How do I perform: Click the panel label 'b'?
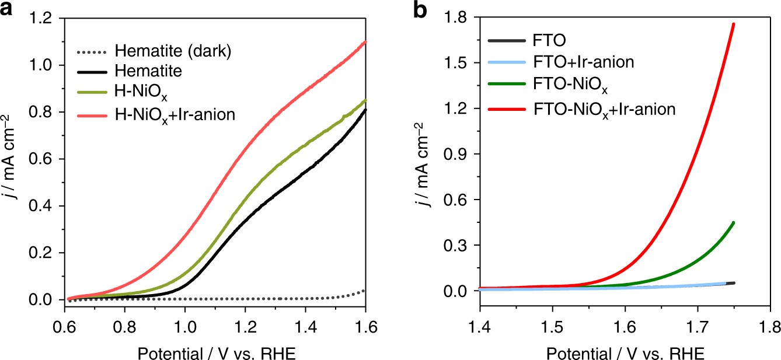422,11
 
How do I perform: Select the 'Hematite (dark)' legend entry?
175,51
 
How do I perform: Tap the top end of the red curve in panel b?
733,24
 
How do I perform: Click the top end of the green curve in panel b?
733,222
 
